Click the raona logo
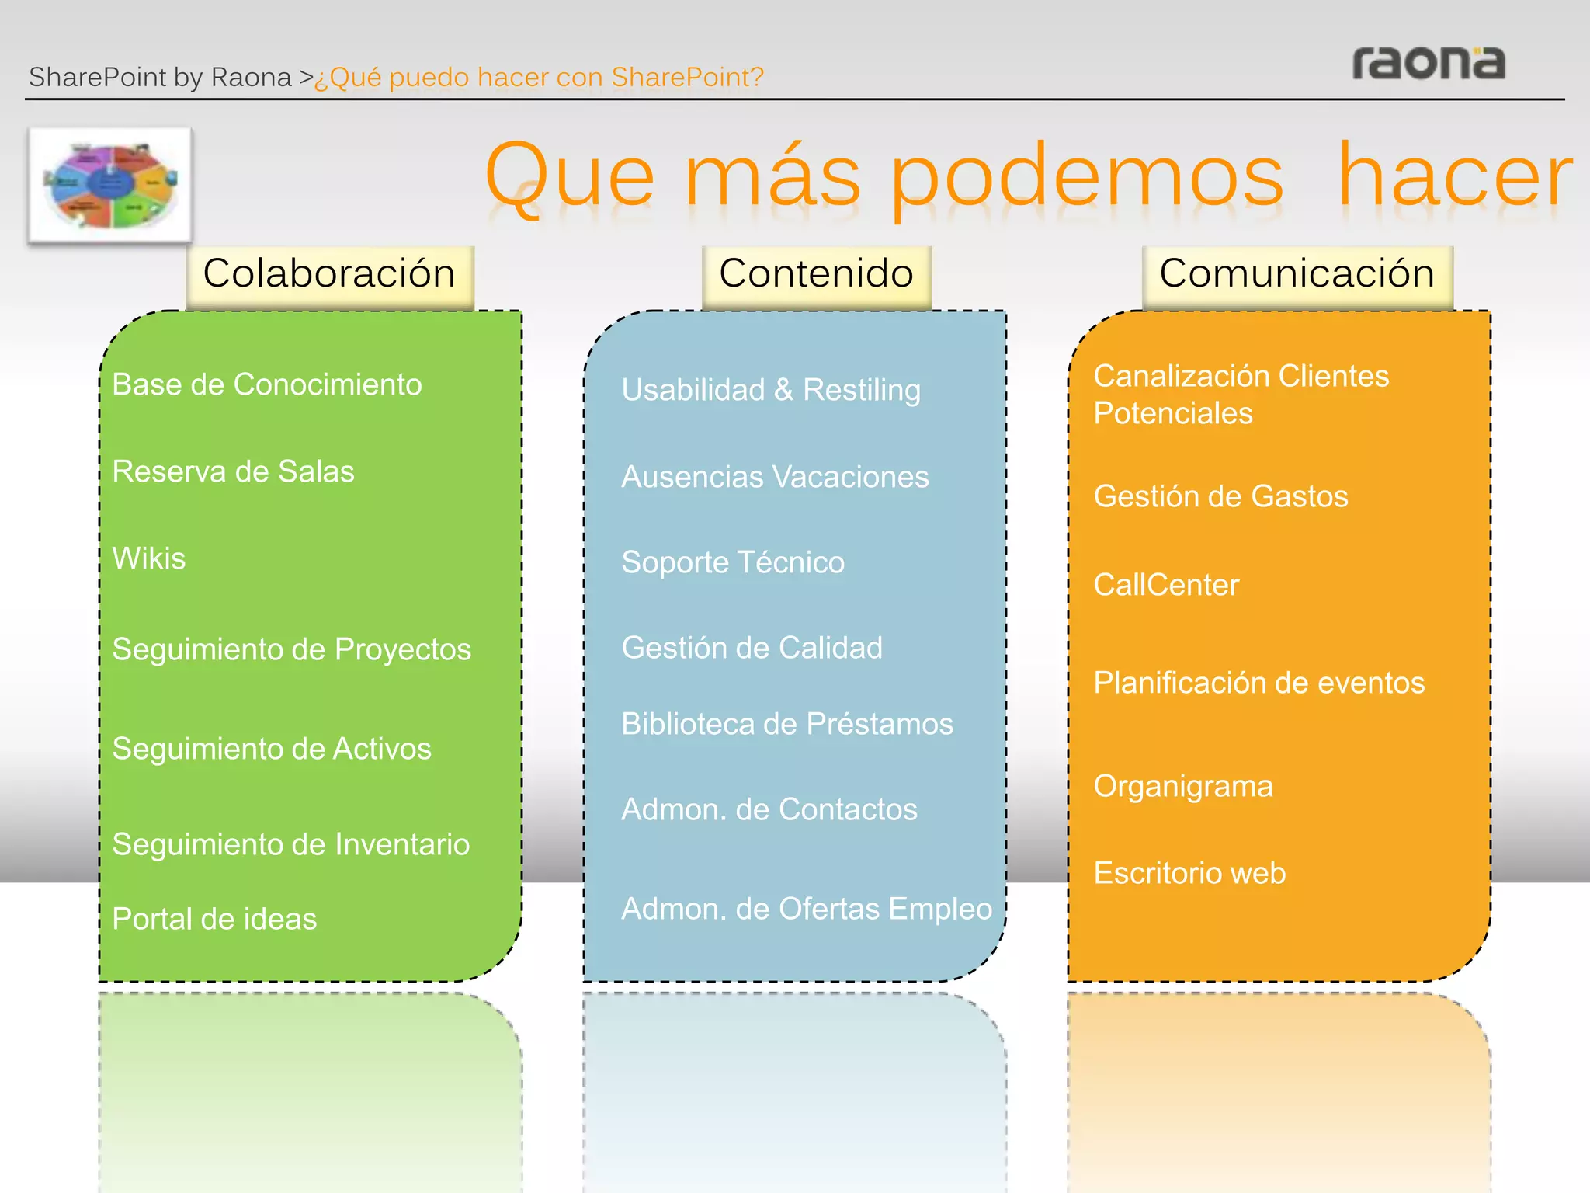(1428, 63)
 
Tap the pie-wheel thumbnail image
(110, 185)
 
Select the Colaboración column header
(329, 274)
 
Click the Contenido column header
(816, 274)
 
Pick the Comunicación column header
(1297, 274)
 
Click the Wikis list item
(149, 558)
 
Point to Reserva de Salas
(233, 471)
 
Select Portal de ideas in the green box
(214, 919)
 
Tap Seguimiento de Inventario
(290, 844)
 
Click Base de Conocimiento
(267, 384)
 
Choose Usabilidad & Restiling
(771, 390)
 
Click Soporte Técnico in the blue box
(732, 562)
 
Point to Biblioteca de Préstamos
(786, 724)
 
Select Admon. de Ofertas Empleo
(806, 909)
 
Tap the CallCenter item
(1166, 585)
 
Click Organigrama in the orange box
(1182, 786)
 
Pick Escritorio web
(1189, 873)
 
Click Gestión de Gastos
(1220, 496)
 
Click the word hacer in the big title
(1455, 176)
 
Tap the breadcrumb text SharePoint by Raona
(160, 78)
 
